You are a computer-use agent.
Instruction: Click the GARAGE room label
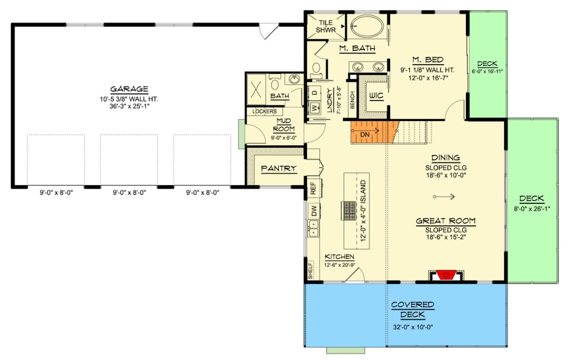coord(129,89)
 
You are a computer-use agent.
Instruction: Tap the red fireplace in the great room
coord(446,275)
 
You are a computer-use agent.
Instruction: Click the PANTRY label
coord(279,168)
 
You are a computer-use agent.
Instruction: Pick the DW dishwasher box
coord(313,211)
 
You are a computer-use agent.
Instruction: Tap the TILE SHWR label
coord(326,26)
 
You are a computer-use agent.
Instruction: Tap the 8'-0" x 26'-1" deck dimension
coord(531,208)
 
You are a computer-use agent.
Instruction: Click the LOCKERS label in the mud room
coord(265,112)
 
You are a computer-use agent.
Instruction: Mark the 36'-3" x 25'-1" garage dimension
coord(129,106)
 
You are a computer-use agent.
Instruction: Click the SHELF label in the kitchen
coord(311,270)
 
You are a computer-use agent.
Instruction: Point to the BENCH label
coord(352,99)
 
